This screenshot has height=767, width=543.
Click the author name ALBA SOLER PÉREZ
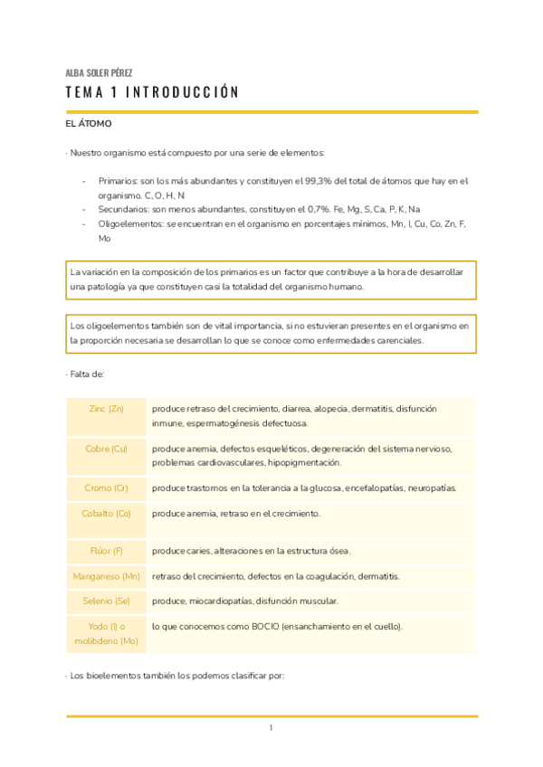pyautogui.click(x=100, y=72)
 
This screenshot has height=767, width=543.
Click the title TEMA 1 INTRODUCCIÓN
pyautogui.click(x=152, y=92)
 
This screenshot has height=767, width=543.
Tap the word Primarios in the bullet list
pyautogui.click(x=119, y=181)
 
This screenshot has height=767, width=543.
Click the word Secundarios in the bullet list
pyautogui.click(x=125, y=208)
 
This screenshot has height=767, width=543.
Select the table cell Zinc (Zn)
pyautogui.click(x=107, y=409)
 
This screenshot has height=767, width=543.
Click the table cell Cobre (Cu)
pyautogui.click(x=107, y=449)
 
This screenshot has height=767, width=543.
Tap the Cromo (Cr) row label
pyautogui.click(x=107, y=488)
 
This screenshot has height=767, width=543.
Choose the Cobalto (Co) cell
pyautogui.click(x=107, y=514)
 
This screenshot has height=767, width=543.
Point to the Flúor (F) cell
pyautogui.click(x=107, y=551)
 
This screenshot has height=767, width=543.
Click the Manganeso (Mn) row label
pyautogui.click(x=107, y=576)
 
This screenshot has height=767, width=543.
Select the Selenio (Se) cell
pyautogui.click(x=107, y=601)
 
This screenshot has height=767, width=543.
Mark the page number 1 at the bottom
pyautogui.click(x=271, y=728)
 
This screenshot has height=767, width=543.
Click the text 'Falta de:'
pyautogui.click(x=87, y=374)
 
